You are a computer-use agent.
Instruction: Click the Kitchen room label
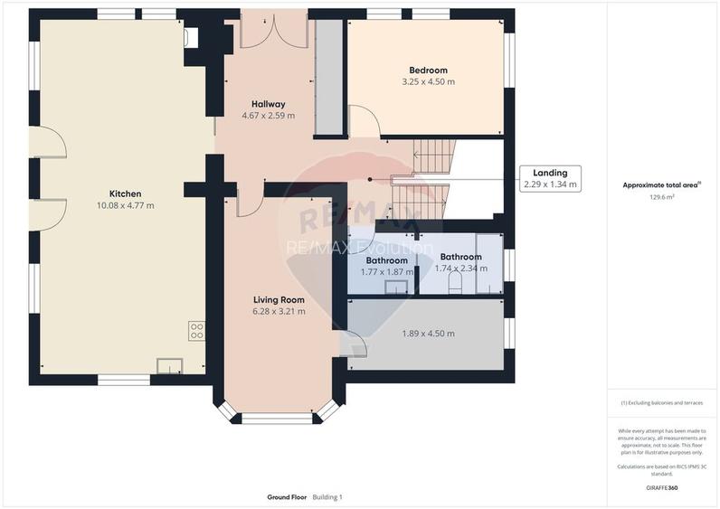point(125,193)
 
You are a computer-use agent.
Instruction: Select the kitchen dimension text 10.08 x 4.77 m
point(125,205)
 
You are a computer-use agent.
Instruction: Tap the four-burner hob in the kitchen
point(196,331)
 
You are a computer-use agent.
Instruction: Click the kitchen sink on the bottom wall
point(169,365)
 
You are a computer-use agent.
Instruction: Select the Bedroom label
point(428,71)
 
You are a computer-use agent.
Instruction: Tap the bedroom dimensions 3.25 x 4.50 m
point(428,82)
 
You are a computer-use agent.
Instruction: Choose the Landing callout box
point(550,178)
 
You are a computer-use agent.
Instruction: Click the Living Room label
point(279,299)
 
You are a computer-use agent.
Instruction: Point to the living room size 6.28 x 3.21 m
point(279,311)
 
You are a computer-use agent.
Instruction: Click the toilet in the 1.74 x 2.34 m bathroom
point(455,284)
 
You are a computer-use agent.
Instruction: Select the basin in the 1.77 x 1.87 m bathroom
point(397,287)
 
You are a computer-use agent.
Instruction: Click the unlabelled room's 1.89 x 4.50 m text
point(428,334)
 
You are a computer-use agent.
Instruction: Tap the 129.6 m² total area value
point(663,196)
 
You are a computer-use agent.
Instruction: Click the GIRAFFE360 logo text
point(661,488)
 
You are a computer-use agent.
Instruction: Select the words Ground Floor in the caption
point(287,497)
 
